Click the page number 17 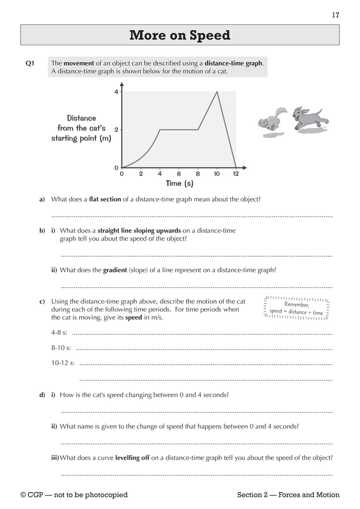335,15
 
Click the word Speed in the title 210,35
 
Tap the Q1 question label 30,63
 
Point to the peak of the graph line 217,92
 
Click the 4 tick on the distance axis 116,92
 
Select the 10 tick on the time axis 217,174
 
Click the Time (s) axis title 179,183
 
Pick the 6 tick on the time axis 179,174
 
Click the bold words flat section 105,199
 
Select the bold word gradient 115,270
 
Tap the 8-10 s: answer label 61,348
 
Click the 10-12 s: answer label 63,363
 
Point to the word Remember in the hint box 296,305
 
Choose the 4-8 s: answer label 59,333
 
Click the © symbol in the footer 23,495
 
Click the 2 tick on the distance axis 116,130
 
